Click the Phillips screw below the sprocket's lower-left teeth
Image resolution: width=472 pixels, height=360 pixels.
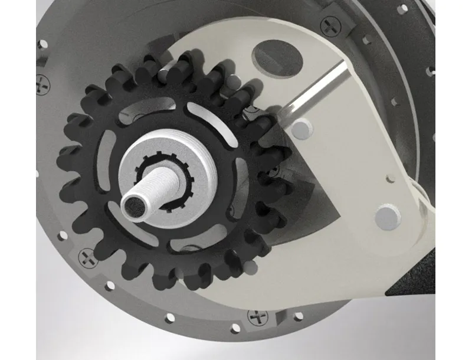87,257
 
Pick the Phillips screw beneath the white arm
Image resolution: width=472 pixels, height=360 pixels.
258,317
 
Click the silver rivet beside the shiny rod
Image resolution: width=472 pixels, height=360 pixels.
301,127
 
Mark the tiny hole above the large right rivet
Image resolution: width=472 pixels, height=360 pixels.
389,177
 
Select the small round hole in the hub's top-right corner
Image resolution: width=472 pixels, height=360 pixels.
404,9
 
